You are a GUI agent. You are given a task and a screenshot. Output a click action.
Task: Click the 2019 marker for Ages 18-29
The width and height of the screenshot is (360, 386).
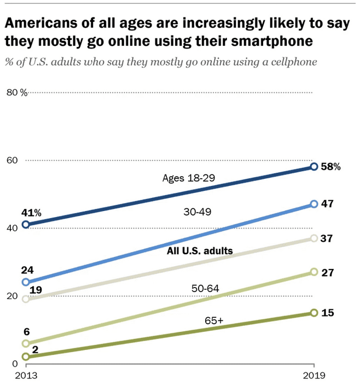point(314,166)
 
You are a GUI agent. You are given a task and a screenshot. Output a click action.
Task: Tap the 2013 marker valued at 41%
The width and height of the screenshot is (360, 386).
point(25,224)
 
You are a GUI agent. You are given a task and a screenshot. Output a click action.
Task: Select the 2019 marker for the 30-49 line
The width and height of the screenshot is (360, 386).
point(314,204)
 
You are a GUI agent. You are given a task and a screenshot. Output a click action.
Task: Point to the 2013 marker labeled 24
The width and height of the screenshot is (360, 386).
point(25,282)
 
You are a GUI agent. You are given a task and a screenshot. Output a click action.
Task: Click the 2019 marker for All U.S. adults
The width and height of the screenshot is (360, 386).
point(314,238)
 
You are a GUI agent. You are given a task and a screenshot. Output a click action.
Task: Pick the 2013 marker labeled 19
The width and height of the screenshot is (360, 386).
point(25,299)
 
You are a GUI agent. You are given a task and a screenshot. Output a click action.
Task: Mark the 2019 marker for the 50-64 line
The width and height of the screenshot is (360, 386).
point(314,272)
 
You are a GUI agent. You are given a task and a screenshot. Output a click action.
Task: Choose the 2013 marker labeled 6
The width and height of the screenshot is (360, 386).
point(25,343)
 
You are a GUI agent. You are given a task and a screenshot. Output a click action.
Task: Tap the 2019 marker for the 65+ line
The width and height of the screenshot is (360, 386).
point(314,313)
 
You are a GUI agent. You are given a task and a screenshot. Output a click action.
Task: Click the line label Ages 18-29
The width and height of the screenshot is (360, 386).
point(186,178)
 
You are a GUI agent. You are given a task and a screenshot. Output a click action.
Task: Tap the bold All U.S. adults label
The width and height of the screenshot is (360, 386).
point(200,251)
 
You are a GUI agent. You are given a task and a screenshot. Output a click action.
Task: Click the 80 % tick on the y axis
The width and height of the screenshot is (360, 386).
point(16,92)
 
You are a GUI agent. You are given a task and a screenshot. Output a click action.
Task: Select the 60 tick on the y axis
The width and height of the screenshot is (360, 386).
point(13,160)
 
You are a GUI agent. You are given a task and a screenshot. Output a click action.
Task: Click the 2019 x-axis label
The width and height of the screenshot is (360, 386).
point(314,376)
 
